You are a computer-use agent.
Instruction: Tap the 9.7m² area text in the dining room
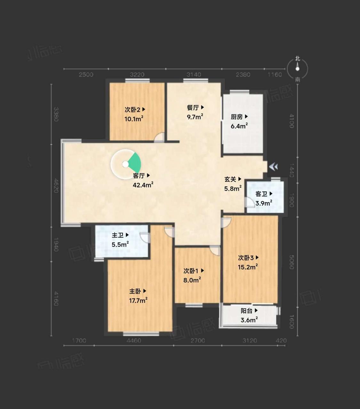pyautogui.click(x=195, y=116)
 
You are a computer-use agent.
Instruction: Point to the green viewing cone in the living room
pyautogui.click(x=135, y=163)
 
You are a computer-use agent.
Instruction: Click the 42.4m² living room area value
pyautogui.click(x=143, y=185)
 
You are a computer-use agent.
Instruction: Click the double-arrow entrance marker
pyautogui.click(x=273, y=167)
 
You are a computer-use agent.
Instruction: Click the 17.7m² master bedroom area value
pyautogui.click(x=138, y=301)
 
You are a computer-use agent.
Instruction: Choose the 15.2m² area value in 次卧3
pyautogui.click(x=248, y=267)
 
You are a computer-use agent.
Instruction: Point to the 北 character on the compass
pyautogui.click(x=297, y=59)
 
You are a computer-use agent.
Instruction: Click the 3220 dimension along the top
pyautogui.click(x=137, y=75)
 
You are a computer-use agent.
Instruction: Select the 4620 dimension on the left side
pyautogui.click(x=56, y=185)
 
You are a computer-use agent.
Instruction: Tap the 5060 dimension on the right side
pyautogui.click(x=292, y=262)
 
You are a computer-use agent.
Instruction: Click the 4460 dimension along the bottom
pyautogui.click(x=133, y=341)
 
